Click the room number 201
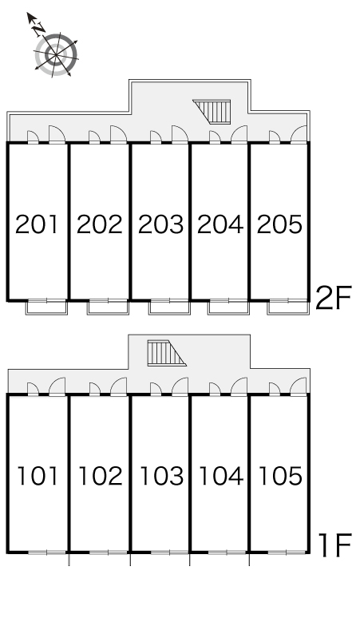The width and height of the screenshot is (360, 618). pos(37,224)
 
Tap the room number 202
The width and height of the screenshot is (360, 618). pos(100,224)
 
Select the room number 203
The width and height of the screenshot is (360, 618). pos(160,224)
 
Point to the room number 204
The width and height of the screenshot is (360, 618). pos(220,224)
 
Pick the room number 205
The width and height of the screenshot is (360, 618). pos(279,224)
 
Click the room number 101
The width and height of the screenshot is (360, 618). pos(38,476)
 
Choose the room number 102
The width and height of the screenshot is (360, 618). pos(101,476)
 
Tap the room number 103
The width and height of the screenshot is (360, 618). pos(161,476)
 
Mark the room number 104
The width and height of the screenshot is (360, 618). pos(221,476)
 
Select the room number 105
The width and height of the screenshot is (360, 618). pos(280,476)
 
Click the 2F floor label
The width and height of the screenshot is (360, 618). pos(333,299)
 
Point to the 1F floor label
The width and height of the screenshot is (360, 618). pos(334,545)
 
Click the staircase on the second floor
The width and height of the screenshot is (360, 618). pos(212,112)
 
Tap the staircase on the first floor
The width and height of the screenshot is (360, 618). pos(167,353)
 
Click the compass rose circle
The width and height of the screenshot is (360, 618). pos(56,55)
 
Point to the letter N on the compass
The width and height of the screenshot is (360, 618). pos(38,30)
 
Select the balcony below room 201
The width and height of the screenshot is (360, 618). pos(47,307)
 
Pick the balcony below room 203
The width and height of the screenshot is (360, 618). pos(169,307)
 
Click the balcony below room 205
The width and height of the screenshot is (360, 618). pos(288,307)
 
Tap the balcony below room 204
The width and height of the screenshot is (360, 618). pos(229,307)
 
